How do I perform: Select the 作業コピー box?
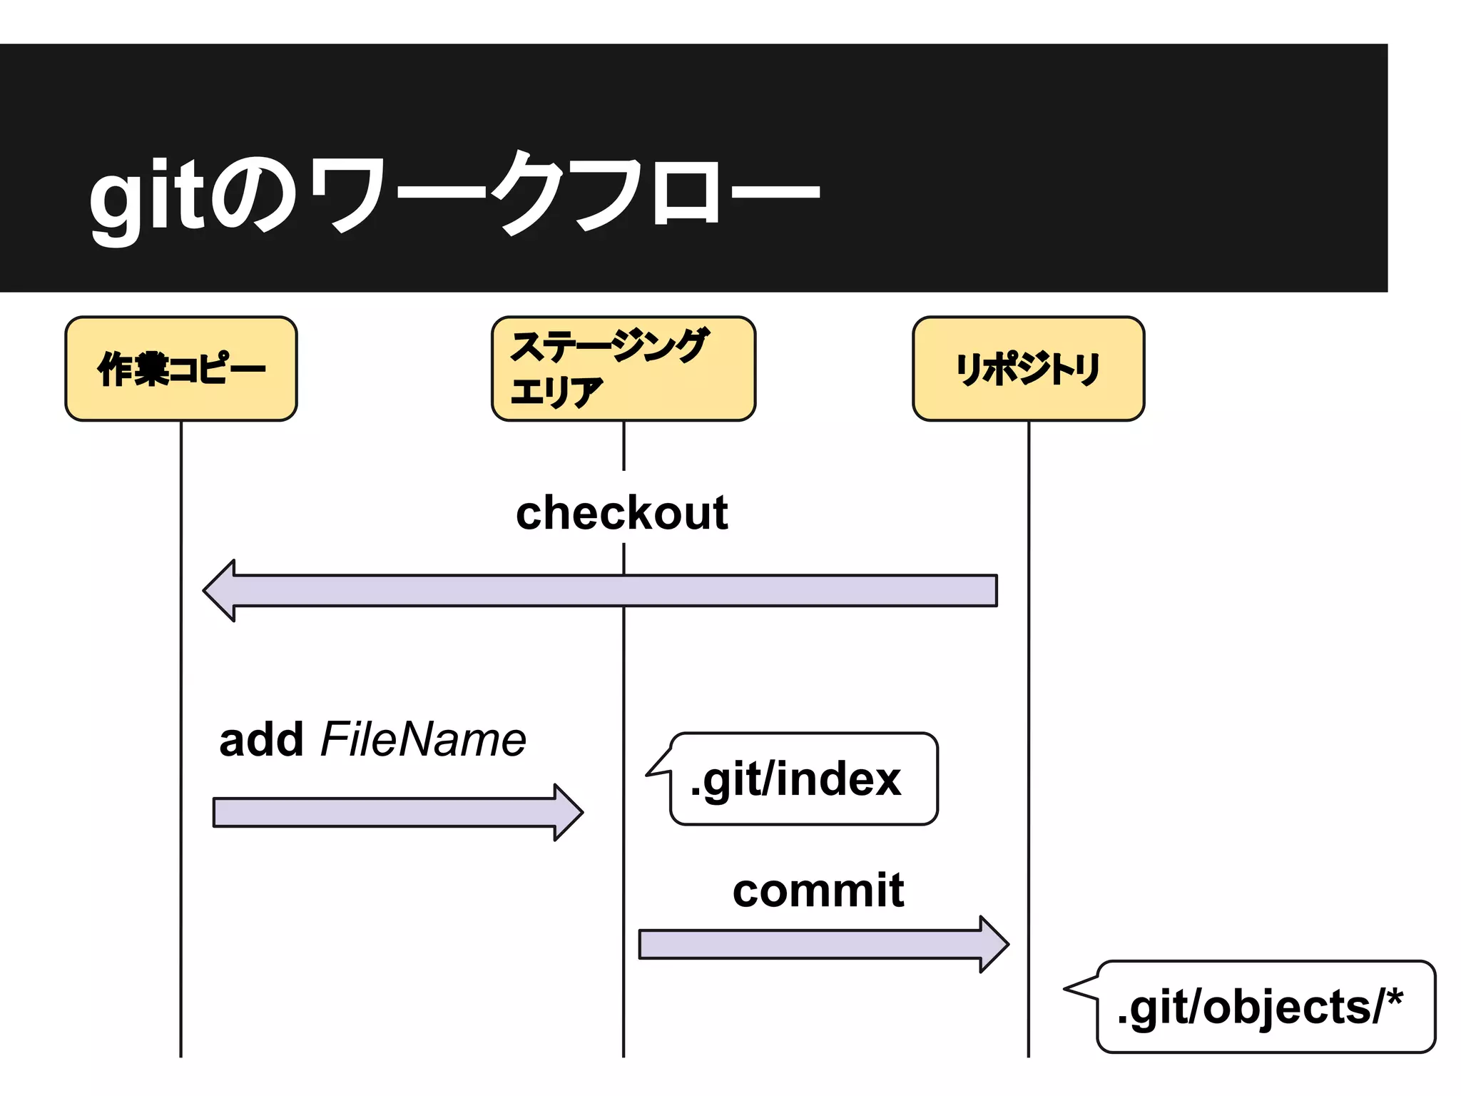pos(181,369)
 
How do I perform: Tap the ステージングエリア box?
pos(623,369)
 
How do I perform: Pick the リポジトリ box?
pos(1028,369)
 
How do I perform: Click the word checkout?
pos(621,513)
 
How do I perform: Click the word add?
pos(261,740)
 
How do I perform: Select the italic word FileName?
pos(423,740)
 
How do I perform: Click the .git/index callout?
pos(803,778)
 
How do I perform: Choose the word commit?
pos(818,890)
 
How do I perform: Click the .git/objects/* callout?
pos(1265,1007)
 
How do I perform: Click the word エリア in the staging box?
pos(556,392)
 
